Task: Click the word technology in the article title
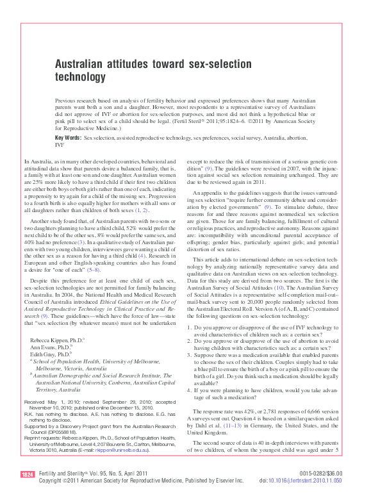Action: [x=80, y=78]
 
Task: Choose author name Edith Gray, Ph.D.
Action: [x=50, y=353]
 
